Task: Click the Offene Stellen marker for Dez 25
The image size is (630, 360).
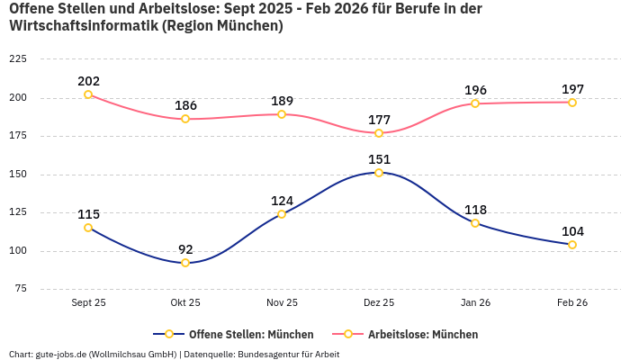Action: pos(379,173)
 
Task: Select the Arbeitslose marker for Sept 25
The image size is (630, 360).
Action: pos(88,94)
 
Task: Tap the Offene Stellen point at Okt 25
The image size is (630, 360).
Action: pos(185,263)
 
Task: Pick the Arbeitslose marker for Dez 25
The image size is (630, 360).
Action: pos(379,133)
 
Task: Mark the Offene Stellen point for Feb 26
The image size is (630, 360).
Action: pos(572,245)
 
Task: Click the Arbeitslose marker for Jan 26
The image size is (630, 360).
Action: pos(475,103)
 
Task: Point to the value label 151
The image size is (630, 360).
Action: pos(379,159)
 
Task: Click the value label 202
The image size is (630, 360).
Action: pos(88,81)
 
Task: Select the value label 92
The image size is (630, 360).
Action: pos(185,249)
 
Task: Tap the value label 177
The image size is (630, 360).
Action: pos(379,120)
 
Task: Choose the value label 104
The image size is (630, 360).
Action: pos(572,231)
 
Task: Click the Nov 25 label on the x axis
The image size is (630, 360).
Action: pos(282,302)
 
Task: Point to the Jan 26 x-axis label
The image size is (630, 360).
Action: pos(475,302)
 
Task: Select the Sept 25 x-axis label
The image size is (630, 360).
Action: pos(88,302)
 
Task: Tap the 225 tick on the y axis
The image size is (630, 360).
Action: pos(17,59)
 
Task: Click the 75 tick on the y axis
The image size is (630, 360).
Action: pos(20,289)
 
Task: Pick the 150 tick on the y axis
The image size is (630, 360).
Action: pos(17,174)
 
